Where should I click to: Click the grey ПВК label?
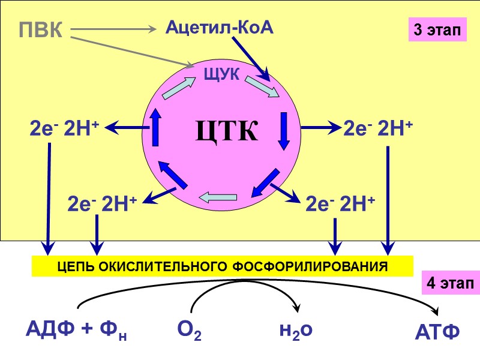coord(41,30)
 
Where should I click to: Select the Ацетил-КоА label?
coord(219,28)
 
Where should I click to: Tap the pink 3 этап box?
coord(437,29)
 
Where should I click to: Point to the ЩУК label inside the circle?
coord(222,74)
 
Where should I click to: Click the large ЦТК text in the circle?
coord(226,131)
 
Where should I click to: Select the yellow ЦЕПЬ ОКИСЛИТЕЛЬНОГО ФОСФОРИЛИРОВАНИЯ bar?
coord(223,266)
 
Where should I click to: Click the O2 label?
coord(189,330)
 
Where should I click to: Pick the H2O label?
coord(296,329)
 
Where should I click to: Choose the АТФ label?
coord(437,331)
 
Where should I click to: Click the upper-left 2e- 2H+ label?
coord(64,128)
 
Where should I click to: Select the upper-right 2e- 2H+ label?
coord(378,128)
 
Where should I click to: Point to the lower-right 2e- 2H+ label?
coord(340,204)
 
